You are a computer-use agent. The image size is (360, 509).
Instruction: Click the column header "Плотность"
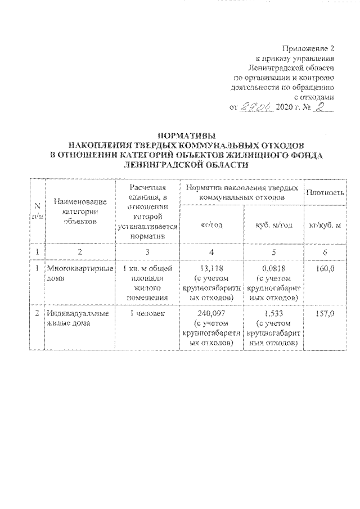(x=325, y=193)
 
